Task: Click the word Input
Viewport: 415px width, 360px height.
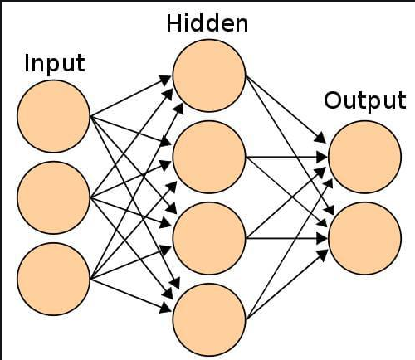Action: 55,63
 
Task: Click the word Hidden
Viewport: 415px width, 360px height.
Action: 207,22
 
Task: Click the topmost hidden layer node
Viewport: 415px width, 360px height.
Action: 209,74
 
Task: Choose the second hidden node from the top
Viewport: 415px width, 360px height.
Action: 209,156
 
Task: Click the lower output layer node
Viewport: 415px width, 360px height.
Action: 364,238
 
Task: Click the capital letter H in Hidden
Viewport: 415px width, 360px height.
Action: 174,22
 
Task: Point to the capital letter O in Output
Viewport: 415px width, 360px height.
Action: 332,101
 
